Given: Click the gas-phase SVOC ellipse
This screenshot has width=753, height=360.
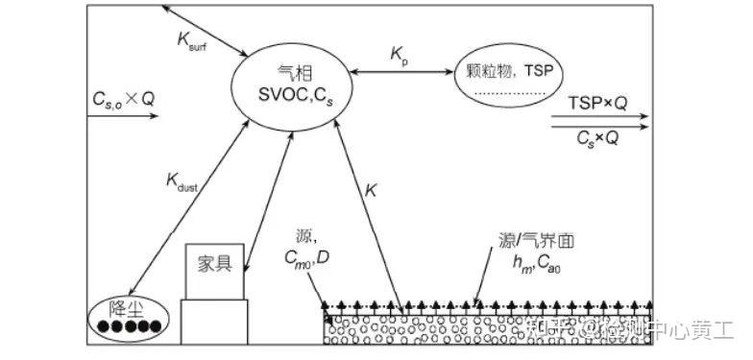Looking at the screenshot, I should (287, 81).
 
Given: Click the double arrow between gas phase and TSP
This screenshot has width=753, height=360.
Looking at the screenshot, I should (402, 73).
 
